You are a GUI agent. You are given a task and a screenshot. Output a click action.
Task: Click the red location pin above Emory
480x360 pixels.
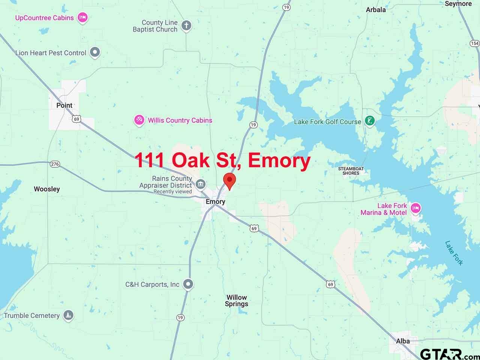click(x=229, y=180)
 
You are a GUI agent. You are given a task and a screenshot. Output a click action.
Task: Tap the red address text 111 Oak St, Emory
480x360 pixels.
click(x=222, y=160)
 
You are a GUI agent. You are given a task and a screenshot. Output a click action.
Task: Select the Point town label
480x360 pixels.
click(x=64, y=105)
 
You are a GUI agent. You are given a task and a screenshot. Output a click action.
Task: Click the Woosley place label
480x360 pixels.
click(x=47, y=189)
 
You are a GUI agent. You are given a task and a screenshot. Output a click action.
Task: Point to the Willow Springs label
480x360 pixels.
click(x=237, y=301)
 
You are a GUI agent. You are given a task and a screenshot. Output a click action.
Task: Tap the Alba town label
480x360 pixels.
click(x=403, y=341)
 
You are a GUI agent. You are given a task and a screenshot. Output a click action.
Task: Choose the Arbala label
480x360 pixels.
click(x=376, y=10)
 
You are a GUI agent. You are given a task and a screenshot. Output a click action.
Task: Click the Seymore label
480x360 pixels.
click(x=458, y=4)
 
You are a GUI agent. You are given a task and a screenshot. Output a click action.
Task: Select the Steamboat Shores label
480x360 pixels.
click(x=351, y=171)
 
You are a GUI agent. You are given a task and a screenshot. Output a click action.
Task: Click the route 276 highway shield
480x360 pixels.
click(x=55, y=164)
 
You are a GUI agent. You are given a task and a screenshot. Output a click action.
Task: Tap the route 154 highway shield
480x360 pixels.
click(x=474, y=43)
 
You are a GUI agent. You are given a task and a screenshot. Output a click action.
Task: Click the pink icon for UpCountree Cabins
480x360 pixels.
click(x=82, y=17)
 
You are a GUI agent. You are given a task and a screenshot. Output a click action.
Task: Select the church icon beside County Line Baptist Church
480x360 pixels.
click(x=186, y=26)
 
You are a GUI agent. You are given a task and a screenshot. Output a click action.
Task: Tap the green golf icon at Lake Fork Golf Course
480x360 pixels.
click(x=370, y=121)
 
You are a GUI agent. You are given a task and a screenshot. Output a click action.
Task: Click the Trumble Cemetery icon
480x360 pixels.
click(x=68, y=315)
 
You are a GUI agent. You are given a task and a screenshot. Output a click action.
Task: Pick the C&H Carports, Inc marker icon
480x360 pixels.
click(x=188, y=284)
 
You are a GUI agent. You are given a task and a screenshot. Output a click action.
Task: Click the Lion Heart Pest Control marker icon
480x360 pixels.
click(x=95, y=52)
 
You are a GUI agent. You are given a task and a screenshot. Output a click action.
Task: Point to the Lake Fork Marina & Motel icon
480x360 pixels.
click(x=415, y=208)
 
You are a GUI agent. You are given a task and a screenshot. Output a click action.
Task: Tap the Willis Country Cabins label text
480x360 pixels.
click(x=180, y=120)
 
